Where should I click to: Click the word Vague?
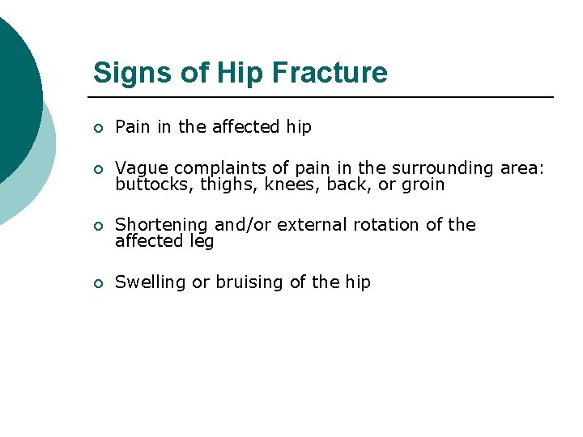[142, 168]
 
